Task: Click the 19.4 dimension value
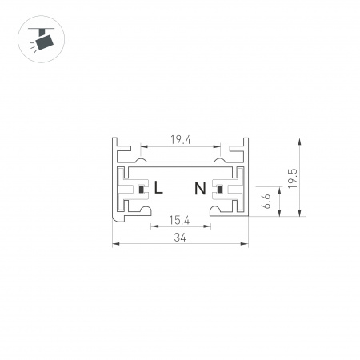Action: point(179,139)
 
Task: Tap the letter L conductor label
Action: point(158,190)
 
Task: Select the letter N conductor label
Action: point(201,190)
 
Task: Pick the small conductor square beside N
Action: point(217,190)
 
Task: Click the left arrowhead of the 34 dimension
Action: point(114,243)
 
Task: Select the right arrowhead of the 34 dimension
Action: point(246,243)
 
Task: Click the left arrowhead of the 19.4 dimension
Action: point(144,147)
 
